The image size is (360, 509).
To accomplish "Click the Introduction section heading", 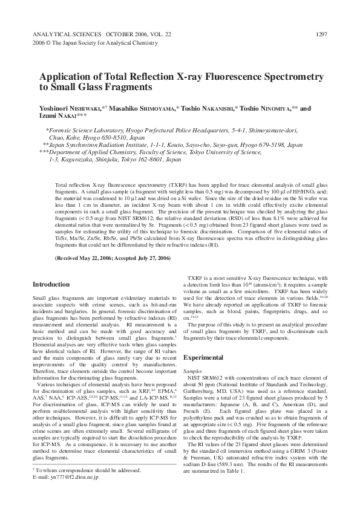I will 51,284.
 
